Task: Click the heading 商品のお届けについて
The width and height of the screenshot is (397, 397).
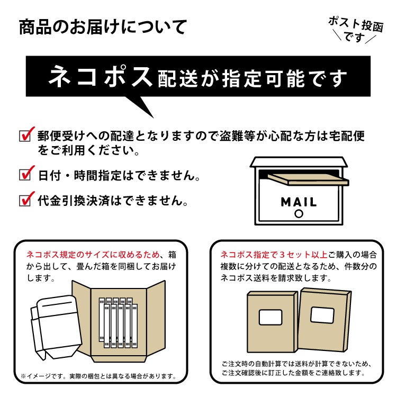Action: tap(103, 26)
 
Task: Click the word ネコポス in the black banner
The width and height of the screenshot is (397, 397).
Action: tap(101, 78)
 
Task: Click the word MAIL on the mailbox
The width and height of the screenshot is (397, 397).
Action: tap(299, 202)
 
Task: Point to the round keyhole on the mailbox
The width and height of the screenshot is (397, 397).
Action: tap(299, 214)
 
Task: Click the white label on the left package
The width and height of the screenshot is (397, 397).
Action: tap(270, 318)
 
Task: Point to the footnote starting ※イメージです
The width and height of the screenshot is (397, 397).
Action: tap(98, 376)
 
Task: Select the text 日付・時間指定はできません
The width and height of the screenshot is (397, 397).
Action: tap(120, 175)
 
